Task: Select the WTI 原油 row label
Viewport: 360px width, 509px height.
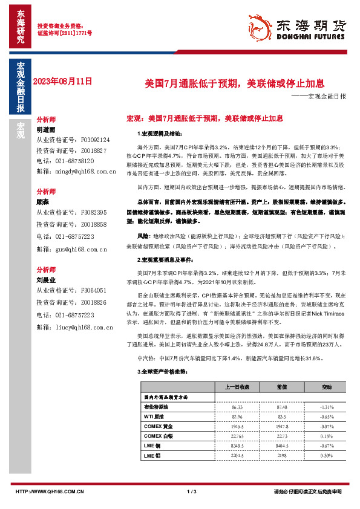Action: click(154, 417)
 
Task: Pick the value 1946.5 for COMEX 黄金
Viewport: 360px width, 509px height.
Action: click(233, 426)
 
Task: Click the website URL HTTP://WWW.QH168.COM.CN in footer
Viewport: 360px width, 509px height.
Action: click(49, 491)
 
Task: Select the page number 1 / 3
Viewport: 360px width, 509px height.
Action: click(192, 491)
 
